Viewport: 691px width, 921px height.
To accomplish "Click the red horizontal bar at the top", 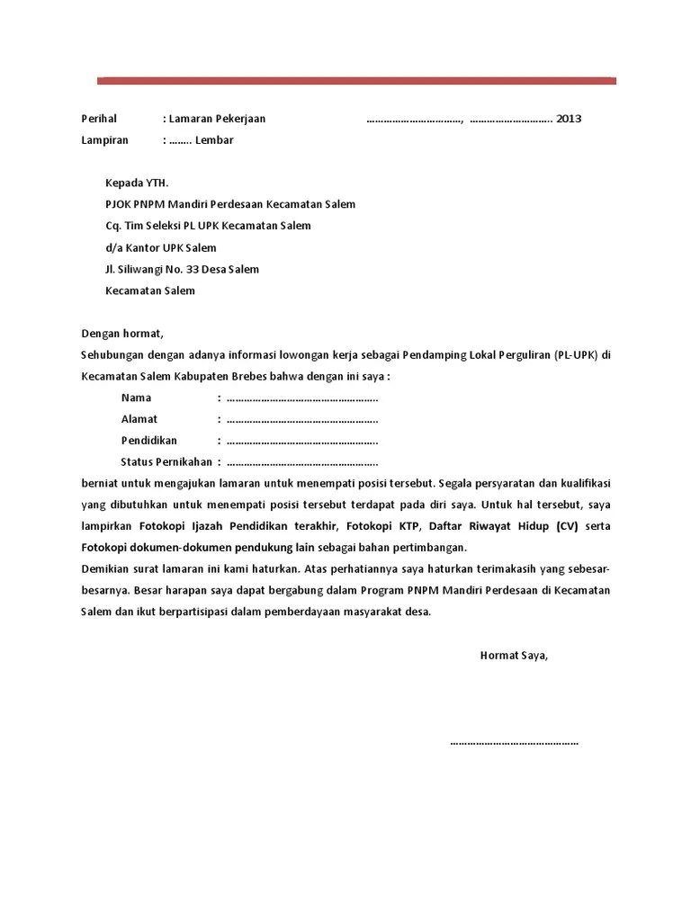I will [356, 81].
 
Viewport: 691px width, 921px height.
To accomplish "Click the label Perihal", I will [99, 119].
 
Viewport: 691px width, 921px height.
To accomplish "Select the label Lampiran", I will [104, 140].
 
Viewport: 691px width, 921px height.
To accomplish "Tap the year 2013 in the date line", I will [569, 119].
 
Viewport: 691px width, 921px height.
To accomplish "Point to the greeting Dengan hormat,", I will [122, 334].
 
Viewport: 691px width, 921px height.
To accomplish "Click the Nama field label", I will [136, 398].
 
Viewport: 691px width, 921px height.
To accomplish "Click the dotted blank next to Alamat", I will [301, 419].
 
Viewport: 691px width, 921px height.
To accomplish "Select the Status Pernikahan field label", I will [166, 462].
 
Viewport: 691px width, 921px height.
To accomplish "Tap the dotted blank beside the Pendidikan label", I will [301, 441].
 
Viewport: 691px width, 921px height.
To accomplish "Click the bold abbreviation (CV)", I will [568, 526].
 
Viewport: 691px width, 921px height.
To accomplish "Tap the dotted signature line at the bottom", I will [514, 743].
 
